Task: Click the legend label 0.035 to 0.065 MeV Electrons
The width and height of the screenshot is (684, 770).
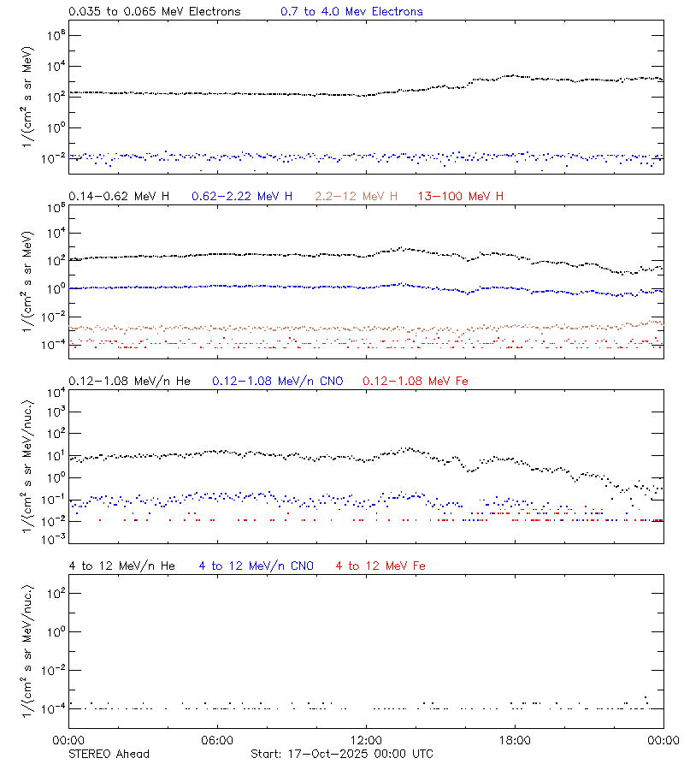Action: coord(154,11)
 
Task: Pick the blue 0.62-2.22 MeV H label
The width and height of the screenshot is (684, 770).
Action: coord(242,196)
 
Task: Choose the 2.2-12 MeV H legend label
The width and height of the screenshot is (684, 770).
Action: coord(357,196)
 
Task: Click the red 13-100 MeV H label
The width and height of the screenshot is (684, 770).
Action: coord(461,196)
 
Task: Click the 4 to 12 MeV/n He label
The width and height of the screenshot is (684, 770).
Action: coord(121,566)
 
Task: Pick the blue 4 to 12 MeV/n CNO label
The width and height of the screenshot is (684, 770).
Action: coord(256,566)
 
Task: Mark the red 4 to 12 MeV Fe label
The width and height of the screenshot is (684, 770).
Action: coord(380,566)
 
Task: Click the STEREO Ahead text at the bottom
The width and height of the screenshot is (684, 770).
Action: coord(109,754)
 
